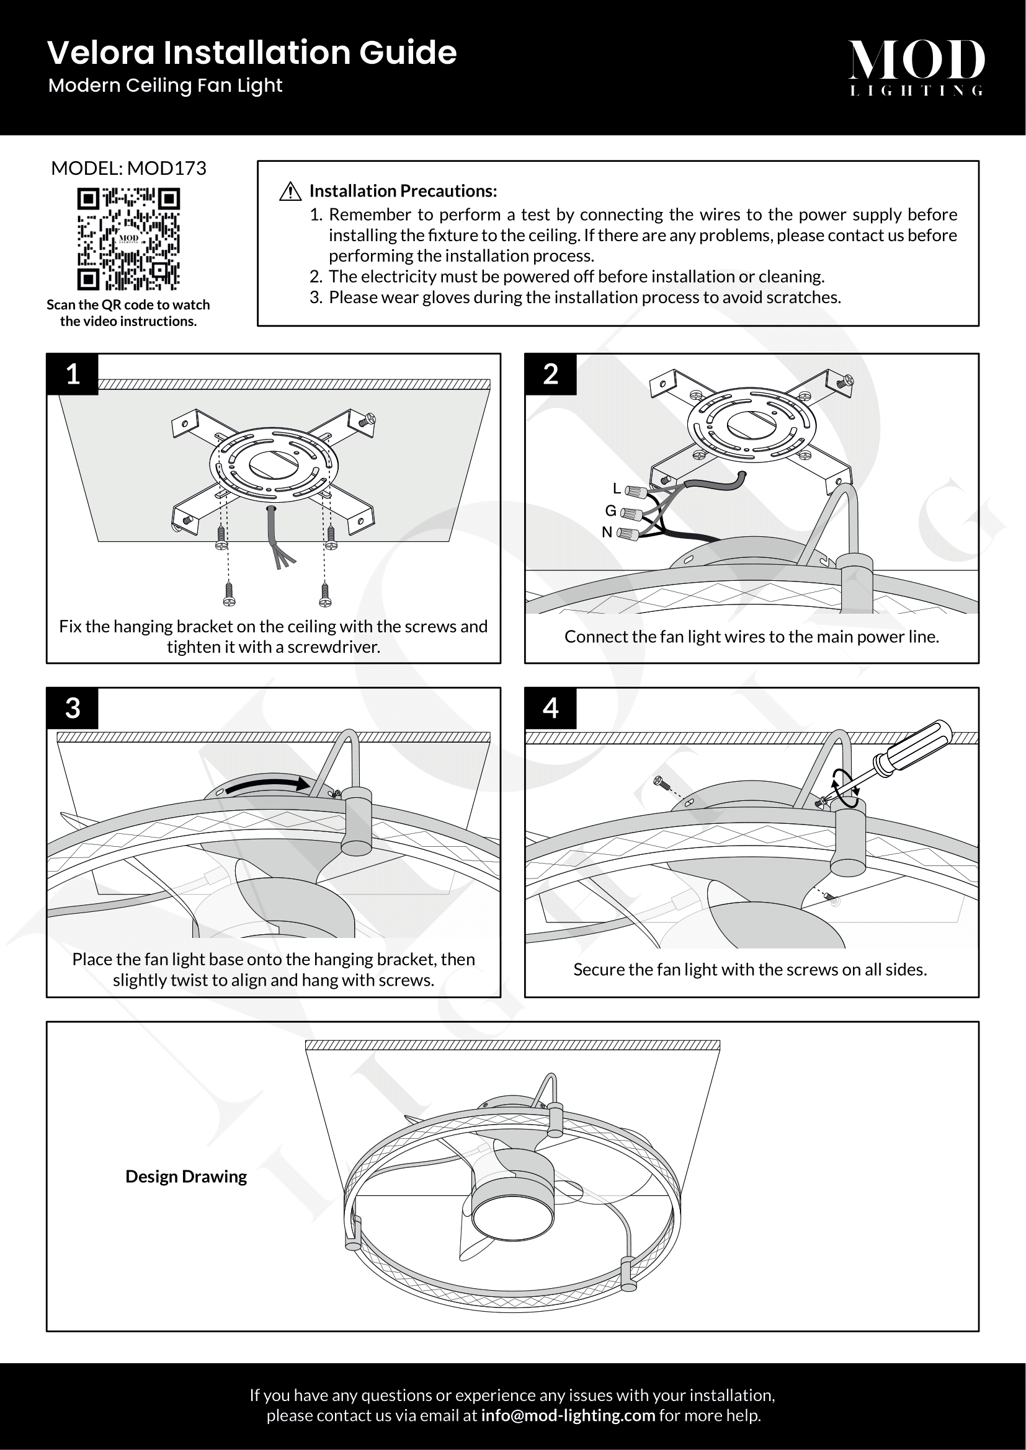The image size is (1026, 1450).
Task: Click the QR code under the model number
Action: [x=128, y=239]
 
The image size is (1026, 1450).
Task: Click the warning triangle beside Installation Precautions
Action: [x=290, y=192]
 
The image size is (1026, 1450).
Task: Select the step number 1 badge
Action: [x=73, y=374]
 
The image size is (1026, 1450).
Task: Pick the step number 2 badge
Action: [x=550, y=374]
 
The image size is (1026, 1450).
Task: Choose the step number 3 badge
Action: [x=73, y=708]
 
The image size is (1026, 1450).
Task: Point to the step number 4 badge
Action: [x=550, y=708]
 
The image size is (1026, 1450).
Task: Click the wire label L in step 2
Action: [x=617, y=488]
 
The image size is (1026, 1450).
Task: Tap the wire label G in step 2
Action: [x=610, y=510]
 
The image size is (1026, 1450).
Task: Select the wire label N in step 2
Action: [x=607, y=533]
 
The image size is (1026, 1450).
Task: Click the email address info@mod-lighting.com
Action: [x=568, y=1415]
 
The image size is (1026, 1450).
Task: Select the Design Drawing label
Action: [x=185, y=1176]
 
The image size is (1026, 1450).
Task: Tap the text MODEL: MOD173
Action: [x=128, y=168]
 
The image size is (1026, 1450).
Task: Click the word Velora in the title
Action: [x=101, y=53]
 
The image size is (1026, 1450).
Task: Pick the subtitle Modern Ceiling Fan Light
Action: [x=165, y=86]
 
